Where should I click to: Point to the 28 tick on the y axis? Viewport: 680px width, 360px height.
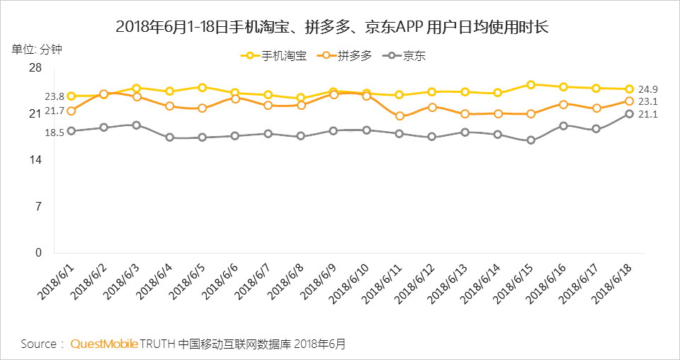(x=35, y=68)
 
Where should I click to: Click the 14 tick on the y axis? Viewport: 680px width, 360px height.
(x=35, y=160)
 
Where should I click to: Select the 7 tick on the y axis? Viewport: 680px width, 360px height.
(x=38, y=206)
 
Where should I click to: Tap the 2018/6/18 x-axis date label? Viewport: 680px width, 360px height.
(x=613, y=283)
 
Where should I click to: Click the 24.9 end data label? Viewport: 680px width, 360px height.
(x=648, y=89)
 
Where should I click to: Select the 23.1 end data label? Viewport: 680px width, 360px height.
(x=648, y=101)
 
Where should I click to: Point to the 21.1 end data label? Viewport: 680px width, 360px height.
(x=648, y=114)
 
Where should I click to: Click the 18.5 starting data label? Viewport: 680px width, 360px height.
(x=55, y=132)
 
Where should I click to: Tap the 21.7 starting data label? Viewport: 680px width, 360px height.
(x=55, y=111)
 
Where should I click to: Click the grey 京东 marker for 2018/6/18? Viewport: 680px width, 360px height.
(x=629, y=114)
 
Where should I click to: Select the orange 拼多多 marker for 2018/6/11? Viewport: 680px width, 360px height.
(x=399, y=116)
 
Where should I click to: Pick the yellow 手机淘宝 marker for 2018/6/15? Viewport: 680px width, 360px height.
(x=531, y=84)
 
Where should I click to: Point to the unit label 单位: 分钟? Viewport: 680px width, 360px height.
(x=36, y=49)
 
